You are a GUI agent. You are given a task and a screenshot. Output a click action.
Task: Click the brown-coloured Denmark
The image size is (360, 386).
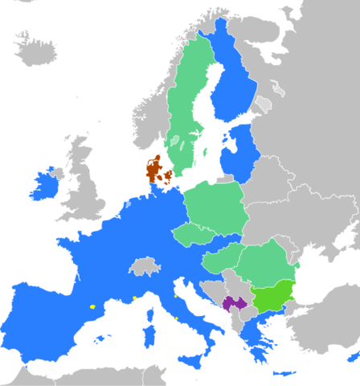point(153,170)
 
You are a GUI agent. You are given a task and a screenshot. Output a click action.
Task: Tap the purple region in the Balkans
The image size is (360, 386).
point(234,303)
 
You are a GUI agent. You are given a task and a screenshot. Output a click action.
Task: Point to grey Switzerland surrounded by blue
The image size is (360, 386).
point(145,266)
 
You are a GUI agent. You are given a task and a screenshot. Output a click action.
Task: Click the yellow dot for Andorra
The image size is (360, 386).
point(93,306)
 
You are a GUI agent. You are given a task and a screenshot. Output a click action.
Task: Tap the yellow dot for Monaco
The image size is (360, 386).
point(133,299)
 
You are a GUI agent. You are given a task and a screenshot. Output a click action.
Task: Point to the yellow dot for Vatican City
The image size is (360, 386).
point(176,317)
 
